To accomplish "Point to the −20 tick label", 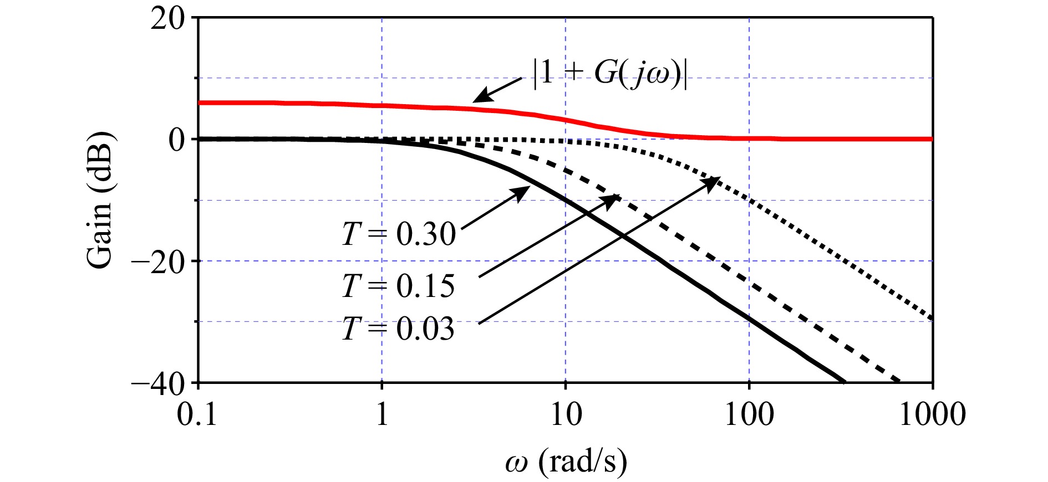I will click(x=157, y=261).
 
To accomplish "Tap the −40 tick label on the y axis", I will click(x=157, y=383).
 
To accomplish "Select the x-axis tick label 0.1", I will click(x=197, y=414).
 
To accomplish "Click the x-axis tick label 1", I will click(x=382, y=414).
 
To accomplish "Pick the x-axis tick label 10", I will click(x=566, y=414).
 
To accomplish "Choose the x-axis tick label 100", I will click(x=749, y=414).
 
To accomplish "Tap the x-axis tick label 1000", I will click(x=933, y=414).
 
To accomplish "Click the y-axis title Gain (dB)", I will click(x=100, y=199).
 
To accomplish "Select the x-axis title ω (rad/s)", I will click(x=566, y=461).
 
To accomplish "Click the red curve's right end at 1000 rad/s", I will click(x=932, y=139).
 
